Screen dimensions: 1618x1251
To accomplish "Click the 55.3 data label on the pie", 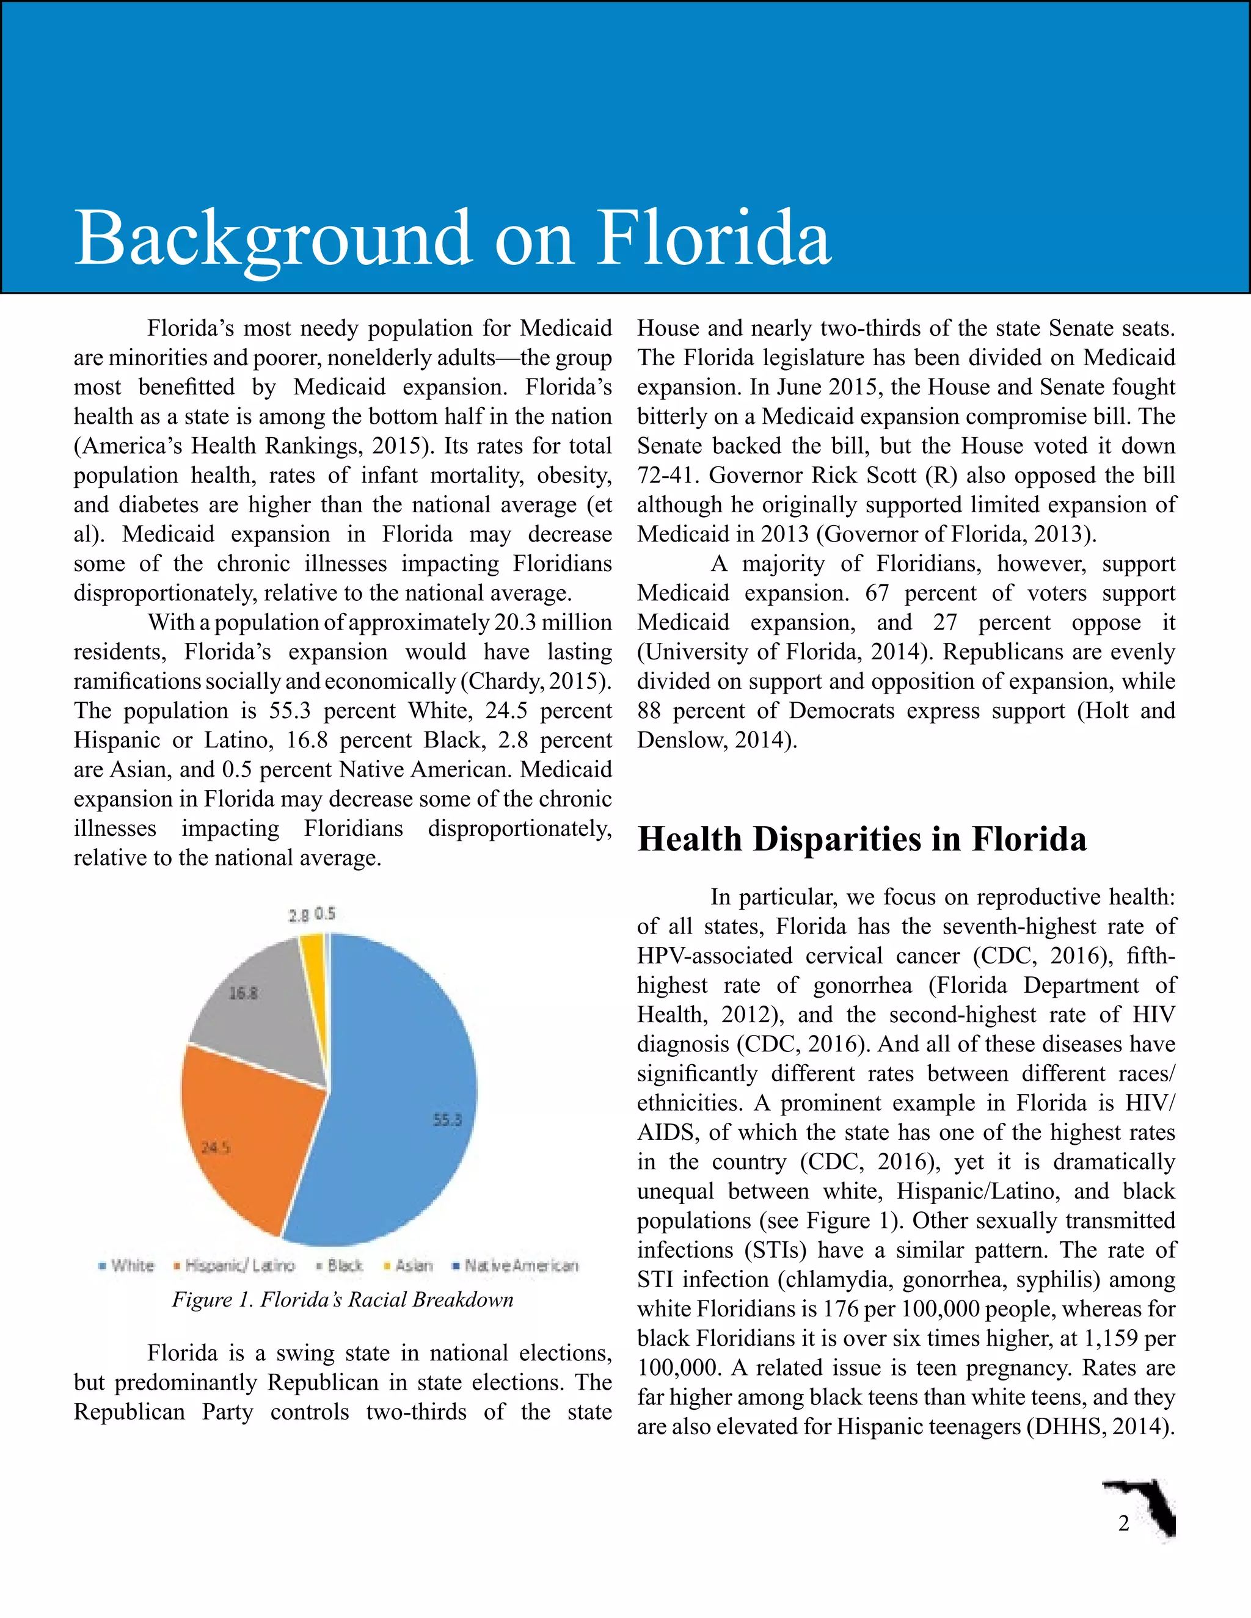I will point(447,1119).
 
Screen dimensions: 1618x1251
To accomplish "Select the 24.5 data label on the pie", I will point(216,1148).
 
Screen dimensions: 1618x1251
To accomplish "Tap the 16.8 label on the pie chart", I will point(243,993).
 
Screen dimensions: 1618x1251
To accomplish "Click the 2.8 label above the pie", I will point(299,916).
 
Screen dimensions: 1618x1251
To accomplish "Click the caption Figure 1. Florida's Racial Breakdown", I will point(343,1299).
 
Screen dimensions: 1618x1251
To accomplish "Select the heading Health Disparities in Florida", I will point(861,840).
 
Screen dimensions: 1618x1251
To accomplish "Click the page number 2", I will point(1123,1523).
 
